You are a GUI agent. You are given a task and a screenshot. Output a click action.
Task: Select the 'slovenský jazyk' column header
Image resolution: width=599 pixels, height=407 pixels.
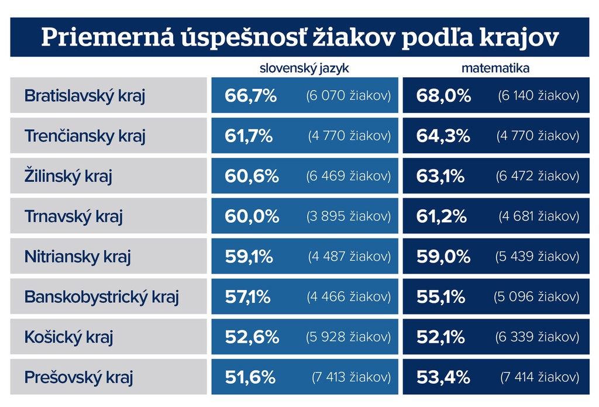(304, 68)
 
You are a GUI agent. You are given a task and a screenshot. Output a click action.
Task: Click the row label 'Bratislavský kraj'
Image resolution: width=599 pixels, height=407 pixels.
(85, 96)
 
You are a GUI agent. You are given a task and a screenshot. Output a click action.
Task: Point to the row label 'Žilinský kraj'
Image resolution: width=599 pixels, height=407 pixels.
(68, 176)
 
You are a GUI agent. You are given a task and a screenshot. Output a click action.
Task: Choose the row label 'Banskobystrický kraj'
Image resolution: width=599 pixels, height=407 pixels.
(101, 297)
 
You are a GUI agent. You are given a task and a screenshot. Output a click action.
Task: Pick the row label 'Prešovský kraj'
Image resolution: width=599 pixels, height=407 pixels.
(78, 377)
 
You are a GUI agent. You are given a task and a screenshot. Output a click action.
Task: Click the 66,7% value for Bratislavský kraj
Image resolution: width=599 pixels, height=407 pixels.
(250, 96)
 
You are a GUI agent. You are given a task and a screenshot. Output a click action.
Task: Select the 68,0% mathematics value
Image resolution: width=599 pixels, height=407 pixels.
(443, 96)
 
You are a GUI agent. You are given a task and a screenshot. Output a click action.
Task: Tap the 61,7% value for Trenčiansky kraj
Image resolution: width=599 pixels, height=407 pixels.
(249, 136)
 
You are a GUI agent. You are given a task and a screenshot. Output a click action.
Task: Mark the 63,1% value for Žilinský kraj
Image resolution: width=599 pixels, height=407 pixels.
(440, 176)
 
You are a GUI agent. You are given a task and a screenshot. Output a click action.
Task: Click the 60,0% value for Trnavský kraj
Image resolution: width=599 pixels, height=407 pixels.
(252, 216)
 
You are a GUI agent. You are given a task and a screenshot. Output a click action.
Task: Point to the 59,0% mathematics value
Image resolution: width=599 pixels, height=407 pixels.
(443, 257)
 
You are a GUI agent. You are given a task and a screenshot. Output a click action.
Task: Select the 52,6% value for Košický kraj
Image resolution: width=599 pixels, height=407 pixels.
(252, 337)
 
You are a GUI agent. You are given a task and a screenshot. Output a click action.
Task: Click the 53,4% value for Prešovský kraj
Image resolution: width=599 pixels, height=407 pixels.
(443, 377)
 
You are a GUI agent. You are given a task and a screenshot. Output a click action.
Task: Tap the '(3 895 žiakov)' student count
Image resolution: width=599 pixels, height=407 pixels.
(349, 216)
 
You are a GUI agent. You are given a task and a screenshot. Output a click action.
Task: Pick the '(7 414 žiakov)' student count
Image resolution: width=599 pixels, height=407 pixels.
(540, 377)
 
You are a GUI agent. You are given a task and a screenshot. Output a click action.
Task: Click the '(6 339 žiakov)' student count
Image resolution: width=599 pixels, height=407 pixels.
(538, 337)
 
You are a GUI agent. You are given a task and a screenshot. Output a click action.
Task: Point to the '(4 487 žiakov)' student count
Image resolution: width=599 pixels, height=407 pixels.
(350, 257)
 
